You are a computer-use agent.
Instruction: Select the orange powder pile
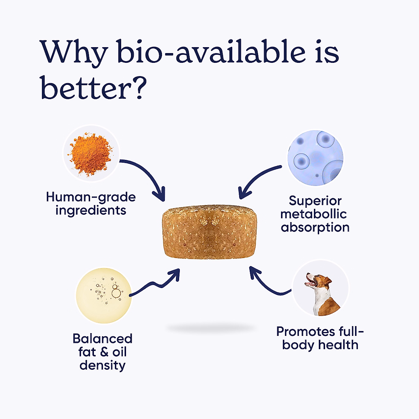(90, 154)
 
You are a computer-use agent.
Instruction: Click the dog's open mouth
(310, 283)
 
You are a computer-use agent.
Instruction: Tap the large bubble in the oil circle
(116, 293)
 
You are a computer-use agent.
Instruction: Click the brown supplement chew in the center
(209, 232)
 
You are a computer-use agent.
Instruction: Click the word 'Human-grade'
(91, 197)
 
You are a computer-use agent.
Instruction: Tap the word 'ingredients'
(91, 211)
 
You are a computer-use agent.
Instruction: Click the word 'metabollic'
(314, 214)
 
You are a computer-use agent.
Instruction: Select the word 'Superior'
(315, 201)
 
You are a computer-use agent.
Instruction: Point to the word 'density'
(102, 366)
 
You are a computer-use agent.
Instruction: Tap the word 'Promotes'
(306, 332)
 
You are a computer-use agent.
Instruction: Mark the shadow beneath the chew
(211, 328)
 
